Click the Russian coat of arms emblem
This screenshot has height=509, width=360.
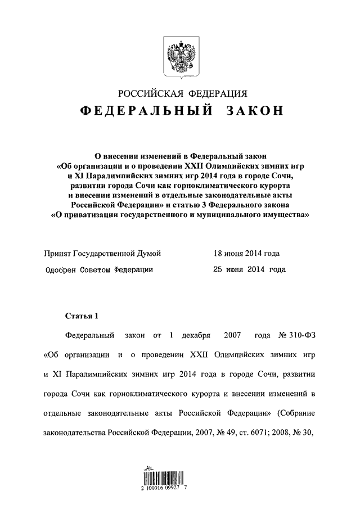click(x=179, y=56)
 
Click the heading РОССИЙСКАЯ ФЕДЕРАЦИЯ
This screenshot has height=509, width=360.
click(x=180, y=93)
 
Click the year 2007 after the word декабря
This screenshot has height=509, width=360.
click(x=232, y=336)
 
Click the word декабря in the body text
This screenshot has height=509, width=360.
click(x=197, y=336)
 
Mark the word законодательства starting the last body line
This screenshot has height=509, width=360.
click(x=74, y=434)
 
